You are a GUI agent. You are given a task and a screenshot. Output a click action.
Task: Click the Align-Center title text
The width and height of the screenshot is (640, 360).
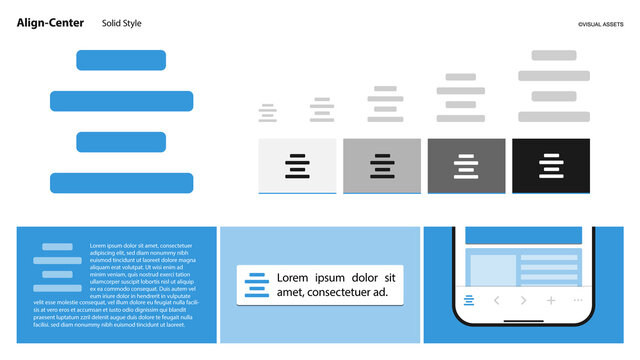tap(50, 23)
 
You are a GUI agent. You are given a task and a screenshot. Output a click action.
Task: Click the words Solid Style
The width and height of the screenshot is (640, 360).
tap(122, 23)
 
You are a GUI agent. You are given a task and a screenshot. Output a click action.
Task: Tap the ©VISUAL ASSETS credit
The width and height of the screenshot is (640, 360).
tap(600, 24)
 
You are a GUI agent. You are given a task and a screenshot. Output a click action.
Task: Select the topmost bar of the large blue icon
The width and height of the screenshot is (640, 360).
tap(121, 60)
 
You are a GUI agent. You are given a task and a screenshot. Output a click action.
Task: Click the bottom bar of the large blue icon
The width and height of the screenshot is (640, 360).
tap(121, 183)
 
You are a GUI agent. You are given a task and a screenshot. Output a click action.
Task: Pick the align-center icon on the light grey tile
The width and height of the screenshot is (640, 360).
tap(297, 166)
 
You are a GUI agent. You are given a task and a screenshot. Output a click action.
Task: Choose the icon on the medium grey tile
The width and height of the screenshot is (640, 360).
tap(381, 166)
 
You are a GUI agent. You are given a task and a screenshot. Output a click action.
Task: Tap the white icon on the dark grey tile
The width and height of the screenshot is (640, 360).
tap(466, 166)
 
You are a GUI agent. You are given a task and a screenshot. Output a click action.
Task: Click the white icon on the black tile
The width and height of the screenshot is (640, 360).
tap(551, 166)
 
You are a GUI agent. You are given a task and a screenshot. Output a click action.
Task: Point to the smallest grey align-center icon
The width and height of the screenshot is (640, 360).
tap(267, 113)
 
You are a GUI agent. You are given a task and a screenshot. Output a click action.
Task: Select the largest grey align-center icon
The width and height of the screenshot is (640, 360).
tap(554, 86)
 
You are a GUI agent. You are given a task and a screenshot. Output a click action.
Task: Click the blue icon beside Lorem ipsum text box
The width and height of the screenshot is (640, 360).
tap(257, 284)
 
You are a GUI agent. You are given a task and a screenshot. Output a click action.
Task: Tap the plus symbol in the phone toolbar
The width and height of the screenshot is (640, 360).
tap(550, 300)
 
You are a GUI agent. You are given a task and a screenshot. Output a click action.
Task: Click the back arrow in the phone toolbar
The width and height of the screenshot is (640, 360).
tap(496, 300)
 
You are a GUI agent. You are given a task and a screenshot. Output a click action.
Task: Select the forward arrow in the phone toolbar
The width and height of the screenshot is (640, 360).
tap(523, 300)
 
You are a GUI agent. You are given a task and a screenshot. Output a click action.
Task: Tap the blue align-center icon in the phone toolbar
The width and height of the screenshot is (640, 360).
tap(469, 300)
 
